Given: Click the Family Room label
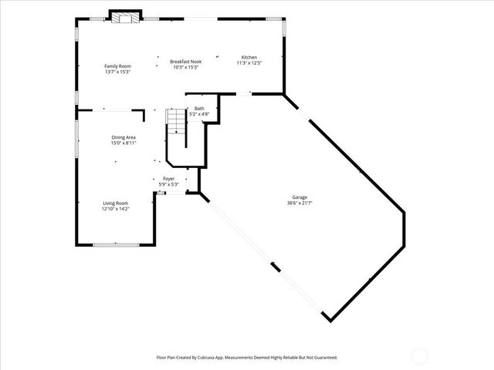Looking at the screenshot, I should pos(118,66).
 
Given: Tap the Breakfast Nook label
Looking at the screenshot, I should pos(186,62).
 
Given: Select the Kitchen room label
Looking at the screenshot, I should pos(249,58).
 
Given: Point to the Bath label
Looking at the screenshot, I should pos(199,109).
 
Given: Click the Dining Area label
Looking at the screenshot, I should pos(123,137).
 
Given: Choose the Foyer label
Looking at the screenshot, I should pos(168,179).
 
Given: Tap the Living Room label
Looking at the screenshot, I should pos(117,203).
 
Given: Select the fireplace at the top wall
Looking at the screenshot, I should pos(124,17).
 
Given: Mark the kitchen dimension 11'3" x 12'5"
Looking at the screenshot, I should pos(249,63).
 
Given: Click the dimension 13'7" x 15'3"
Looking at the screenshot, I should pos(118,72).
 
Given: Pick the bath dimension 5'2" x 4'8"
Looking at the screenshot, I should pos(199,114).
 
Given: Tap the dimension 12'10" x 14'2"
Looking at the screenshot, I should pos(117,208).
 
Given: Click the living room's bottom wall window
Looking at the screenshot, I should pos(116,244).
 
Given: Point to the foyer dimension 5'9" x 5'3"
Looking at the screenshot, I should pos(168,184).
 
